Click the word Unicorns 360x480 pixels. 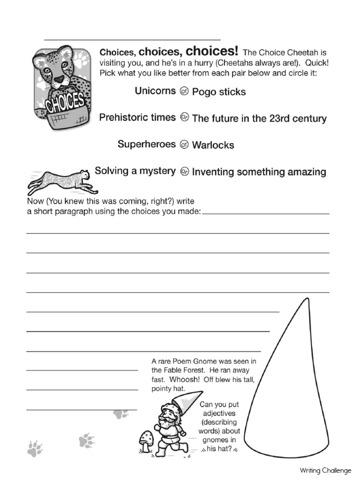point(155,91)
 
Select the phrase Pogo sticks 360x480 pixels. point(219,92)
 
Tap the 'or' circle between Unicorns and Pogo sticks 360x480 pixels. point(184,91)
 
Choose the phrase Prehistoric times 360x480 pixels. point(137,118)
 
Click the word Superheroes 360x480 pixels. point(147,144)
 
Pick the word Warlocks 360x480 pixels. point(213,145)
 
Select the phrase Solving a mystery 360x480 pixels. point(135,171)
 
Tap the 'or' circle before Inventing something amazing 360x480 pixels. point(184,172)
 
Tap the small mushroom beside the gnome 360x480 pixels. point(147,439)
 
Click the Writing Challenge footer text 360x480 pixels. point(325,470)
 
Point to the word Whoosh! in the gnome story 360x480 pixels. point(185,380)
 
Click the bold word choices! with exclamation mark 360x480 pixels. point(212,51)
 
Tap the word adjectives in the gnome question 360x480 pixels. point(219,413)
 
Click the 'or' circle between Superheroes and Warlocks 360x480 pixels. point(184,145)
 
